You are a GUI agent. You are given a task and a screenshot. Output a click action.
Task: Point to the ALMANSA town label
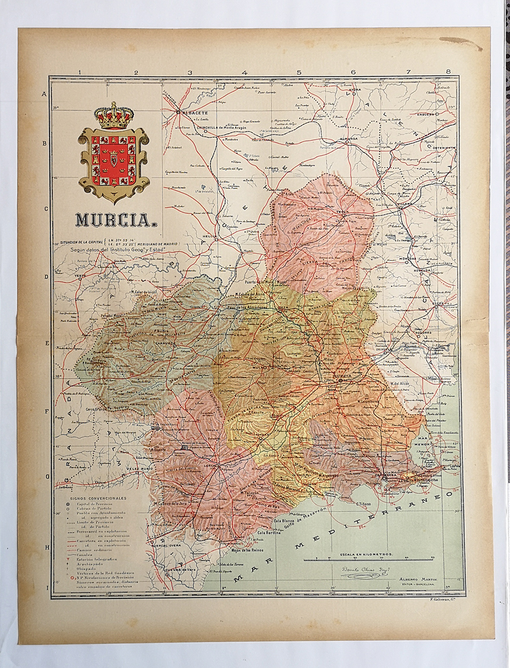click(x=350, y=139)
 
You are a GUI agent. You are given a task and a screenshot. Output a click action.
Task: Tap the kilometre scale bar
click(x=374, y=558)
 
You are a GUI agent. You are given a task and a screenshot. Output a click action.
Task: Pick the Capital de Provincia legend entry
click(x=95, y=504)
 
